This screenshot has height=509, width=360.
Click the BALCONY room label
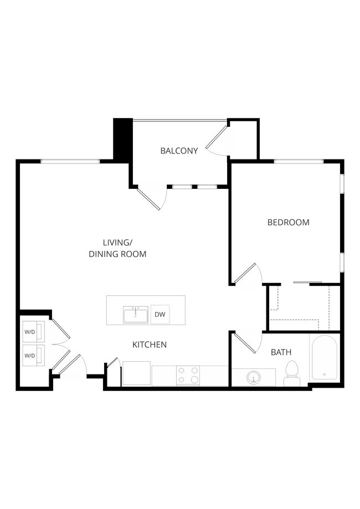179,151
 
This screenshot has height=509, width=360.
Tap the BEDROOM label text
288,223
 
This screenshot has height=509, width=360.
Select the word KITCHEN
150,345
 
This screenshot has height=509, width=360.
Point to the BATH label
281,352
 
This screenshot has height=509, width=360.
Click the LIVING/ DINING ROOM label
117,248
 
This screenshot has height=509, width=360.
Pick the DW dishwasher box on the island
160,315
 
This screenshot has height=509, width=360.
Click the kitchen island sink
136,315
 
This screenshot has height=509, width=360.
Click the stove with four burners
188,376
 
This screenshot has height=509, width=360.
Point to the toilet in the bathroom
291,373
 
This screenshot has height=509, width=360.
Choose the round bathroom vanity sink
254,378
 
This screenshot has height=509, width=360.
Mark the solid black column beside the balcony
122,139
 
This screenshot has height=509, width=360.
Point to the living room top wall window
70,161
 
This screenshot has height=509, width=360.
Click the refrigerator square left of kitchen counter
136,373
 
